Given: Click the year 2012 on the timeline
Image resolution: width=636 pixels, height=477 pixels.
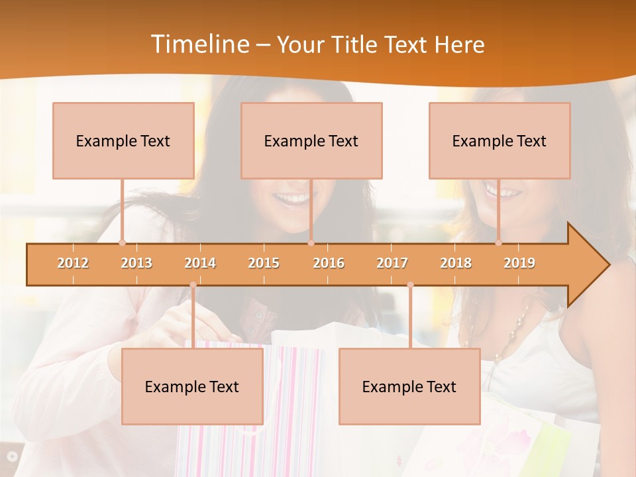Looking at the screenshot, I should (73, 263).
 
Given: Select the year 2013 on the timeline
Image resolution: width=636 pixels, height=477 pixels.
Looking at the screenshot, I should (136, 263).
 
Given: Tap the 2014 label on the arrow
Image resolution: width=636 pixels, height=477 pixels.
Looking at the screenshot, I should (200, 263).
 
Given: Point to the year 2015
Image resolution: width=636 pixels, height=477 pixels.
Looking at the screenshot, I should (264, 263).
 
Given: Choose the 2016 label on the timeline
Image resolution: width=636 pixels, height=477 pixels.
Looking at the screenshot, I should (329, 263).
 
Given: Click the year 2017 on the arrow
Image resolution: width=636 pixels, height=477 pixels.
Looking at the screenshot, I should (392, 263).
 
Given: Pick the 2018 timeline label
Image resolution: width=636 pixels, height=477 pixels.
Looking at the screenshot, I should (456, 263).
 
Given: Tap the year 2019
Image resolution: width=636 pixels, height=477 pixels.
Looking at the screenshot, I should (519, 263).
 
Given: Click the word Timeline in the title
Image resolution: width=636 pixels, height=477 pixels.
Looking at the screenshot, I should (199, 44).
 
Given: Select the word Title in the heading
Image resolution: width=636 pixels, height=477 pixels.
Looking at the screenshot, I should (354, 45).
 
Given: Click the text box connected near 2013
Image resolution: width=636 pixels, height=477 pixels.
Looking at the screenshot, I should (123, 140).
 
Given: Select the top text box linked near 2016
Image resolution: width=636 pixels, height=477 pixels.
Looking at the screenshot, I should (311, 140).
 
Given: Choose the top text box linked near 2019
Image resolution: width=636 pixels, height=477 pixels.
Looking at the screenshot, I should (500, 140).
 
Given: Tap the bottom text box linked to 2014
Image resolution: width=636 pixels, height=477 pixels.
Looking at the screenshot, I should (192, 386).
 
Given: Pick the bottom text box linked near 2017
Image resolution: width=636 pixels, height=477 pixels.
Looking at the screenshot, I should (409, 386).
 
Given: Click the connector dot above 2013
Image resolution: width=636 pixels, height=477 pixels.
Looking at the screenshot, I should (122, 243).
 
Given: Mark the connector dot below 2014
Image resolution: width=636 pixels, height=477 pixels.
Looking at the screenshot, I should (193, 285).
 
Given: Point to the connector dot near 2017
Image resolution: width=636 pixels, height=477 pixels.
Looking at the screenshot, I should (410, 285).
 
